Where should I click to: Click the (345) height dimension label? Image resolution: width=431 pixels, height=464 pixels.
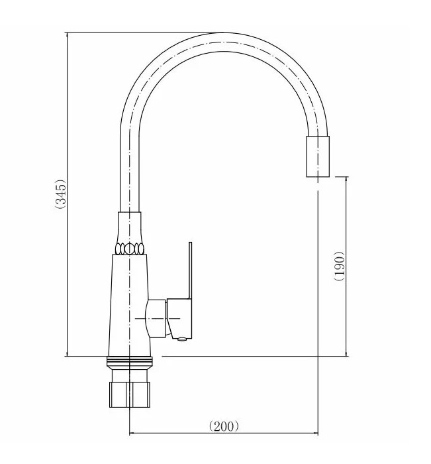(x=61, y=194)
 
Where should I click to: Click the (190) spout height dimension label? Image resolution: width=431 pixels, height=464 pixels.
(x=339, y=266)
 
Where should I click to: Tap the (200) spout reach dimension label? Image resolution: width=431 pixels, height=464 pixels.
(x=224, y=426)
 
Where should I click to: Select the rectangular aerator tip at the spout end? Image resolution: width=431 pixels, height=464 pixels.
(x=318, y=156)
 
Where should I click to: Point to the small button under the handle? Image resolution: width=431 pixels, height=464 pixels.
(x=182, y=339)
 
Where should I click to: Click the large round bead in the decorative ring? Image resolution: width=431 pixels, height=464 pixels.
(x=130, y=249)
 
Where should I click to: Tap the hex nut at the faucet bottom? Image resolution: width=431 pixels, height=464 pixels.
(x=130, y=394)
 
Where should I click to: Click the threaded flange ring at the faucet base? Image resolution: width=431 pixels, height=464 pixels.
(x=130, y=360)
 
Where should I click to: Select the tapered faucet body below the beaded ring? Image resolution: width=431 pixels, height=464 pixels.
(x=130, y=305)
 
